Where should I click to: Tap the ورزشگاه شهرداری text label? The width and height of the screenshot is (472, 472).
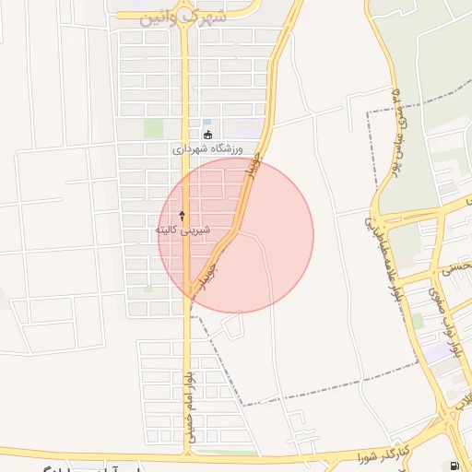(x=206, y=147)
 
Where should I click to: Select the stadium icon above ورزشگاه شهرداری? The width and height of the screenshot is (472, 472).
(x=206, y=135)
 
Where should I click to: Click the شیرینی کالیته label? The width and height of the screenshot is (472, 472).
(x=182, y=228)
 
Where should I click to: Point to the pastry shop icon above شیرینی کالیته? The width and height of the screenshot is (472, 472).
(x=182, y=215)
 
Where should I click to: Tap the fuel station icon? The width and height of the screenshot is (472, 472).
(x=454, y=466)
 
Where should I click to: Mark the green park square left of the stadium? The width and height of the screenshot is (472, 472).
(x=153, y=129)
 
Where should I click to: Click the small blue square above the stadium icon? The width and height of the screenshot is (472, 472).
(x=207, y=123)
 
